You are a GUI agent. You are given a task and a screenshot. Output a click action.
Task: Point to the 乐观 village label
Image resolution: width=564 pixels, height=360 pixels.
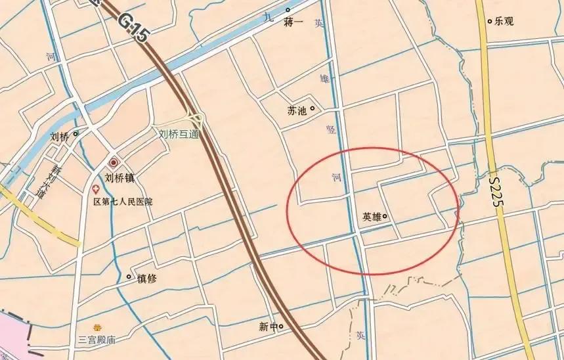(x=504, y=21)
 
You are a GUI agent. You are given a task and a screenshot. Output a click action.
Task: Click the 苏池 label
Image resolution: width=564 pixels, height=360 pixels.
(x=297, y=110)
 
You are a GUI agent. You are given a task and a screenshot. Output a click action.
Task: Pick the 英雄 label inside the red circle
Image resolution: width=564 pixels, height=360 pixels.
(x=372, y=216)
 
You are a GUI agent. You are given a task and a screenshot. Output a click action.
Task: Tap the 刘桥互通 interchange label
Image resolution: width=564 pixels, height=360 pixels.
(x=179, y=132)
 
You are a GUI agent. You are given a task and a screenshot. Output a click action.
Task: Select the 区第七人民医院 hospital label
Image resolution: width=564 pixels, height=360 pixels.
(x=123, y=201)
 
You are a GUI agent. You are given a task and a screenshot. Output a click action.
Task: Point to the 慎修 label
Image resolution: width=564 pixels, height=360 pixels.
(x=147, y=278)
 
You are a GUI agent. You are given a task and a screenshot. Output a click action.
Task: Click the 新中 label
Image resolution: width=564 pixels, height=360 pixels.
(x=268, y=326)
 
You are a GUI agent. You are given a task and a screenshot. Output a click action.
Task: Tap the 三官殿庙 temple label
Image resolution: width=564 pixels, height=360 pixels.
(x=97, y=340)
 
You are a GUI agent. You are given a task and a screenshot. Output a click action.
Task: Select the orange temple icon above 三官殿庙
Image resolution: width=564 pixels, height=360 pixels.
(x=98, y=327)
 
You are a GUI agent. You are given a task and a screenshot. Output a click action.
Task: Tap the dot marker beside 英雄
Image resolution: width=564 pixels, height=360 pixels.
(x=385, y=216)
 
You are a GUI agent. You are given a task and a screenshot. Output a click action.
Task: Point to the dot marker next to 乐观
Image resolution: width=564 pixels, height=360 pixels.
(x=490, y=21)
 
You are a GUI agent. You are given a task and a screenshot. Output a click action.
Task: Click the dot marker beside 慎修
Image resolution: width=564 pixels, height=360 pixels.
(x=129, y=277)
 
